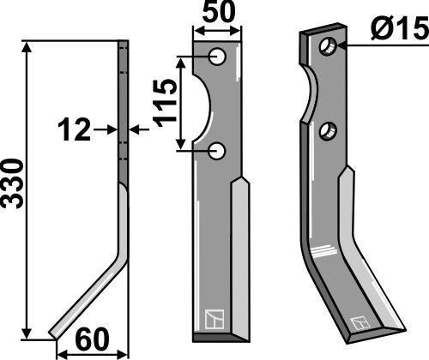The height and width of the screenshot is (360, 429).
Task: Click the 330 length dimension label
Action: [13, 183]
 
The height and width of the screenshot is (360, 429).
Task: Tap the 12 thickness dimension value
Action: [75, 130]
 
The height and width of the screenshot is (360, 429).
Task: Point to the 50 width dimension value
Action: [216, 15]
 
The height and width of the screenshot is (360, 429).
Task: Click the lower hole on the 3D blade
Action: [327, 132]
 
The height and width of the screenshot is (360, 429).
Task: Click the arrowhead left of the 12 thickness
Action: [111, 130]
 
